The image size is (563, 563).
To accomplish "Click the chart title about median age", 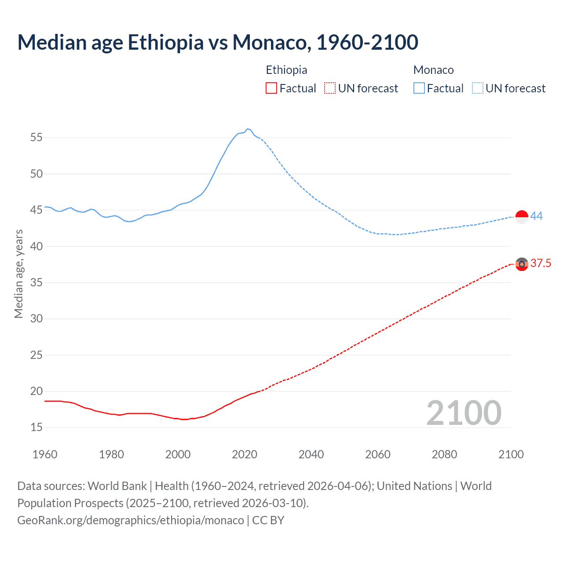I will coord(218,42).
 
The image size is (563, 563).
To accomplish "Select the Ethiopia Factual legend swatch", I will coord(271,88).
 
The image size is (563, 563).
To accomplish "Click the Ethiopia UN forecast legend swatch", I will coord(330,88).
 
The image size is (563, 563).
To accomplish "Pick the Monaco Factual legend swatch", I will coord(419,88).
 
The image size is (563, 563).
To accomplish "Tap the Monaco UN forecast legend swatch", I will coord(477,88).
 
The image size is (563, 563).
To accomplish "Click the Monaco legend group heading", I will coord(433,70).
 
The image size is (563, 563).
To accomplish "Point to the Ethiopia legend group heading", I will coord(286,70).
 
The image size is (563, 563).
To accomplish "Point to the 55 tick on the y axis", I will coord(37,138).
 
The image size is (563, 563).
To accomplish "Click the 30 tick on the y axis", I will coord(37,319).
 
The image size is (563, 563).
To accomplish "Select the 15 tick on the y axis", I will coord(37,428).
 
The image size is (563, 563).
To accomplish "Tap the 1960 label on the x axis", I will coord(45,454).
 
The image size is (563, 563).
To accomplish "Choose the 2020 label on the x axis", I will coord(245,454).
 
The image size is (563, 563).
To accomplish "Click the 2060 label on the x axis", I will coord(378,454).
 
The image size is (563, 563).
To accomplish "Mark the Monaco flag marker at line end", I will coord(522,217).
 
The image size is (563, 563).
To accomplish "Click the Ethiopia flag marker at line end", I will coord(522,264).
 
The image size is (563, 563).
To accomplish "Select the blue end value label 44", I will coord(537,216).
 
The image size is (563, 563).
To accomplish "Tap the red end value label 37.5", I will coord(541,263).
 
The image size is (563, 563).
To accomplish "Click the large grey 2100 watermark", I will coord(464,413).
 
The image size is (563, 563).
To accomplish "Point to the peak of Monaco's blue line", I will coord(248,129).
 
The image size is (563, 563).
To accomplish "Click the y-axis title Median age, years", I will coord(18,274).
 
